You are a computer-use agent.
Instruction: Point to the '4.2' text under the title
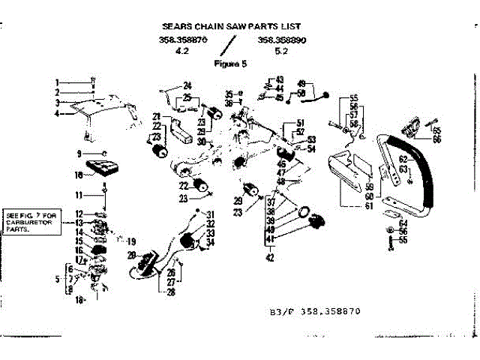tap(180, 52)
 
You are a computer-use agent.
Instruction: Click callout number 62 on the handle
tap(403, 159)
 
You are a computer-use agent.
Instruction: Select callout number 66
tap(436, 139)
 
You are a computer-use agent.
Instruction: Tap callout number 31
tap(211, 214)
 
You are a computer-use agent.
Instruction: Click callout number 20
tap(131, 256)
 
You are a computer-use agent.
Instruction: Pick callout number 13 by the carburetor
tap(79, 223)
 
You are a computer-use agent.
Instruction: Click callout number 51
tap(301, 122)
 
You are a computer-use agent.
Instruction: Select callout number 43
tap(279, 79)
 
